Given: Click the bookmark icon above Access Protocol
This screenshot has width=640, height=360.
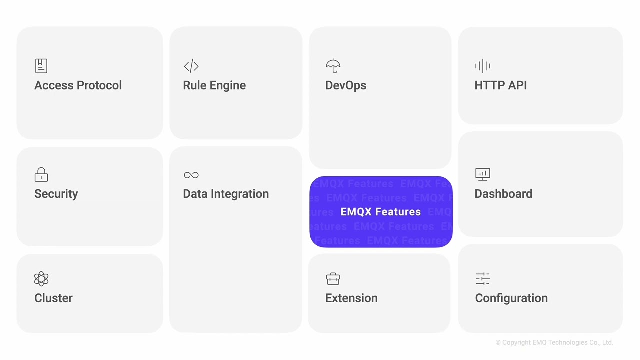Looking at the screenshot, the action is pyautogui.click(x=41, y=66).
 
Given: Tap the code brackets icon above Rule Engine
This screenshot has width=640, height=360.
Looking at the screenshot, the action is pyautogui.click(x=191, y=66).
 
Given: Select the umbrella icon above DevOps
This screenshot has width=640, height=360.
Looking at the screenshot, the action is pyautogui.click(x=333, y=66).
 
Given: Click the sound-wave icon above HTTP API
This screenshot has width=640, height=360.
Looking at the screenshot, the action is pyautogui.click(x=482, y=66).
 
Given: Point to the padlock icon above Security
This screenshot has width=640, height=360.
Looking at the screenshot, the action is pyautogui.click(x=41, y=174).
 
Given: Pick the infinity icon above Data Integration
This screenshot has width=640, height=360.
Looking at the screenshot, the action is pyautogui.click(x=191, y=175).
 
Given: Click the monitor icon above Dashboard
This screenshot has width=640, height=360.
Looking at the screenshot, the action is pyautogui.click(x=482, y=174).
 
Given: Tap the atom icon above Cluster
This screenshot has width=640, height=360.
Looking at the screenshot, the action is pyautogui.click(x=41, y=278).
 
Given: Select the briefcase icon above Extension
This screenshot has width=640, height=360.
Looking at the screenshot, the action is pyautogui.click(x=333, y=278).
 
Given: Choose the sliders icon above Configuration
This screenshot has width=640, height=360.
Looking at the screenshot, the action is pyautogui.click(x=482, y=278).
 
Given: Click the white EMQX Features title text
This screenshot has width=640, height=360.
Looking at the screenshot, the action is pyautogui.click(x=380, y=212).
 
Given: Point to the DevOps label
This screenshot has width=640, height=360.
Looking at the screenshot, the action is pyautogui.click(x=345, y=85).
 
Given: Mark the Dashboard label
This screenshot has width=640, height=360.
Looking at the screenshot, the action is pyautogui.click(x=503, y=194).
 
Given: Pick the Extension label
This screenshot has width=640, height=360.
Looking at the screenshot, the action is pyautogui.click(x=351, y=298).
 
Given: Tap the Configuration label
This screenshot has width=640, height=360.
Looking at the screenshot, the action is pyautogui.click(x=511, y=298).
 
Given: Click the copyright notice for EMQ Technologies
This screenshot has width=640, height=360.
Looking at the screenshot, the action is pyautogui.click(x=554, y=343).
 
